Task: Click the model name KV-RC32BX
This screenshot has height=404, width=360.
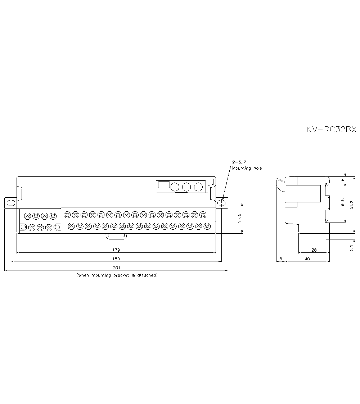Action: click(331, 129)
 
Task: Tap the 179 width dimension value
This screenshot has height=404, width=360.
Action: click(116, 250)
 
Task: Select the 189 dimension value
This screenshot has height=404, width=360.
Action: click(116, 259)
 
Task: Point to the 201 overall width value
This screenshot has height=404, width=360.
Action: click(116, 268)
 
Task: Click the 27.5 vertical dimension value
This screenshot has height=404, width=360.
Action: click(240, 218)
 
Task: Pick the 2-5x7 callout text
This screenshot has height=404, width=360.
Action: click(239, 162)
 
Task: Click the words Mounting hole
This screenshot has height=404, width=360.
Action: click(247, 168)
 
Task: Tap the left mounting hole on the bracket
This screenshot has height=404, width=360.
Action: click(11, 203)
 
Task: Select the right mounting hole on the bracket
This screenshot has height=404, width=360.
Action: click(221, 203)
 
